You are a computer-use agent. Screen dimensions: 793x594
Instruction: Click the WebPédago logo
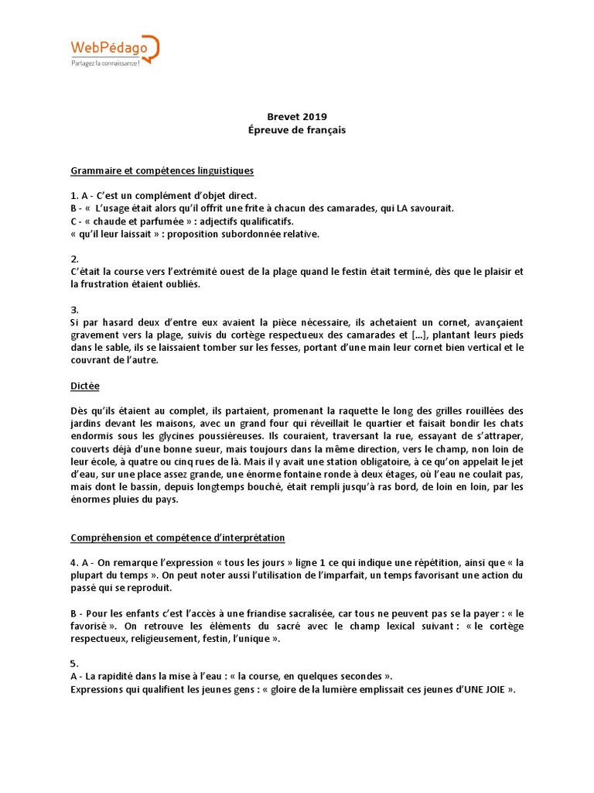(x=114, y=50)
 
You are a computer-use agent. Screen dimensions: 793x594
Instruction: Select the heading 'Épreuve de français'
(x=297, y=130)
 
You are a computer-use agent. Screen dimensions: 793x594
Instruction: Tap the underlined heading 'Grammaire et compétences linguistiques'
(x=162, y=170)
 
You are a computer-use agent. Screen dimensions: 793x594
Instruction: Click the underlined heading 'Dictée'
(x=85, y=385)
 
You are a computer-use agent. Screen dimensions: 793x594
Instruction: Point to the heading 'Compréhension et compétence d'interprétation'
(x=178, y=537)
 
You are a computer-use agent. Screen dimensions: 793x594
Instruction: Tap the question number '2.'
(x=75, y=259)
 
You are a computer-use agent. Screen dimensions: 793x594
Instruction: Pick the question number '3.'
(x=75, y=309)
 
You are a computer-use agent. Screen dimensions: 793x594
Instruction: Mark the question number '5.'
(x=75, y=663)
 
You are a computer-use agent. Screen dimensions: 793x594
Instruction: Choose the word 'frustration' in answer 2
(x=106, y=284)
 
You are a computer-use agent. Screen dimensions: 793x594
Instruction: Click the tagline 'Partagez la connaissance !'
(x=105, y=64)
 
